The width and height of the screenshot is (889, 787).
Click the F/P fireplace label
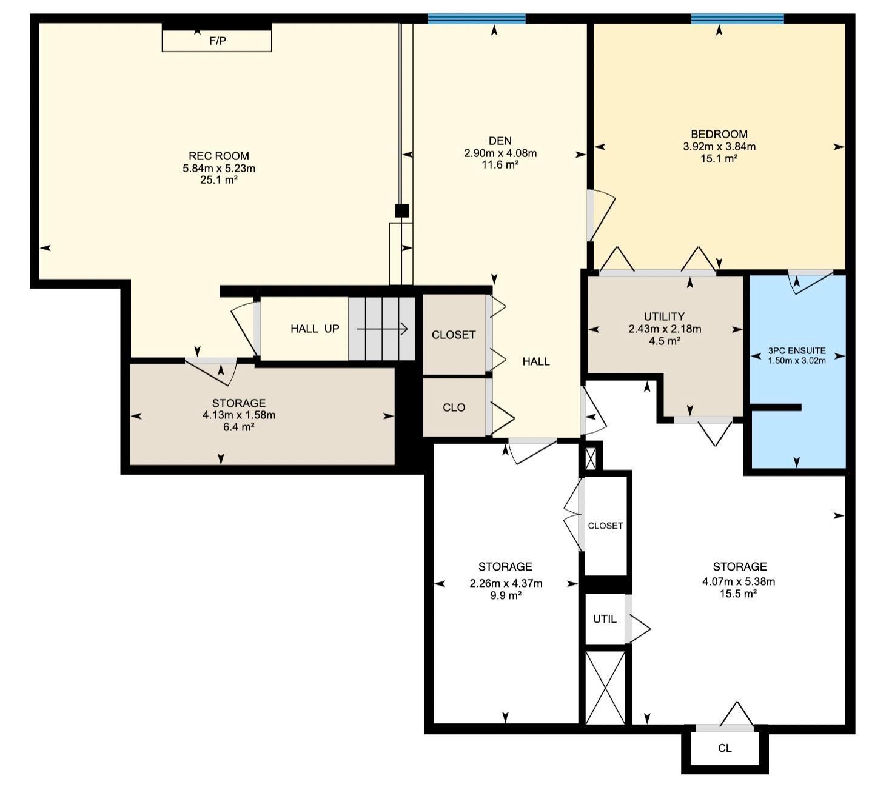(218, 41)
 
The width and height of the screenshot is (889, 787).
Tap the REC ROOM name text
(218, 156)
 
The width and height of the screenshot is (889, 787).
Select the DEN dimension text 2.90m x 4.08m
(500, 153)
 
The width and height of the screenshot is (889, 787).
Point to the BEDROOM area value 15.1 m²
(719, 158)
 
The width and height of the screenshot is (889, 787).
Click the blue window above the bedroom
(737, 19)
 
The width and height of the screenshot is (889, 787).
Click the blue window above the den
(477, 19)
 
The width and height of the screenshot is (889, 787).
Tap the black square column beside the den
(402, 210)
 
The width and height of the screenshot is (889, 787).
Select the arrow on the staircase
(383, 329)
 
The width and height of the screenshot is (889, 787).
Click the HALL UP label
(315, 329)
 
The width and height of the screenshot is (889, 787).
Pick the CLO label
(454, 407)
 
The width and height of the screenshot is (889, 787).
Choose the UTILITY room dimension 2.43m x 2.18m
(665, 329)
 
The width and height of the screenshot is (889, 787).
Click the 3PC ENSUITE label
(797, 350)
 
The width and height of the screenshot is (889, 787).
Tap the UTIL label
(605, 619)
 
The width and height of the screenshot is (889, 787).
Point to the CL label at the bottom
(725, 748)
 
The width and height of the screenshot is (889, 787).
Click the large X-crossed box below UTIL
(605, 687)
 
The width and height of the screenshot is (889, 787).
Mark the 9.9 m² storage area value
(506, 595)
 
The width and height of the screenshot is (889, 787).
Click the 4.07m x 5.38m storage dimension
(739, 581)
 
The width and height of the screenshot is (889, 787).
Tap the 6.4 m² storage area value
(239, 427)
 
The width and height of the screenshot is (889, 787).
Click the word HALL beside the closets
(536, 361)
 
